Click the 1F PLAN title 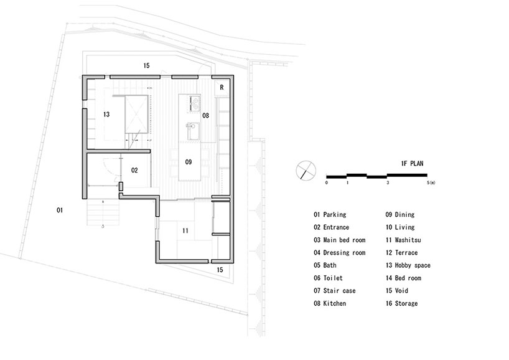[x=413, y=163]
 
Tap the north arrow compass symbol [x=306, y=171]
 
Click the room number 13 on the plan [x=106, y=115]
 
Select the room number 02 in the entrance [x=134, y=170]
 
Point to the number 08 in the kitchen [x=205, y=115]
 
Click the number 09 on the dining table [x=189, y=162]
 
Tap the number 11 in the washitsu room [x=185, y=230]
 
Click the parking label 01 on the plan [x=60, y=211]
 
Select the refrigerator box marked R [x=222, y=87]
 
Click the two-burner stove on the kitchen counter [x=194, y=103]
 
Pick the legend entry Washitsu [x=403, y=240]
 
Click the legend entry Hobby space [x=408, y=265]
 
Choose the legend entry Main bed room [x=340, y=240]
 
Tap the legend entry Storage [x=401, y=303]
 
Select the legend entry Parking [x=330, y=215]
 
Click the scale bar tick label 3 [x=388, y=182]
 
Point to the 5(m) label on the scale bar [x=431, y=182]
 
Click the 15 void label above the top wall [x=146, y=65]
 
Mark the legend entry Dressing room [x=340, y=253]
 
